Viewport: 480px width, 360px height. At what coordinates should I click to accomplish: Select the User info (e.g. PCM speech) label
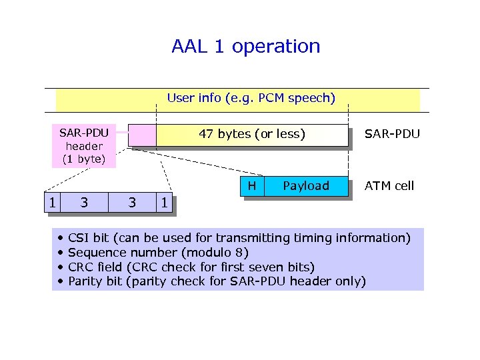[251, 99]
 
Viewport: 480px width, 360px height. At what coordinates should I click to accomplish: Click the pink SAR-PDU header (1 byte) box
[84, 145]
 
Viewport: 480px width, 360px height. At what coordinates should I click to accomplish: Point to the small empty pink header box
[142, 135]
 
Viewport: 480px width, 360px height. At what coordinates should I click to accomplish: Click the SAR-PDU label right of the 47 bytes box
[392, 134]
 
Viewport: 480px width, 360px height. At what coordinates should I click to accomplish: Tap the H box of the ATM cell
[252, 186]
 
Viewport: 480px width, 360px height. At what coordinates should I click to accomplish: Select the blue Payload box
[306, 186]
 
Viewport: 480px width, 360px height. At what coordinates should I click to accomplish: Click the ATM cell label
[389, 186]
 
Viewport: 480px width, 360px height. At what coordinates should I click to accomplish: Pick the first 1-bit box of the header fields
[51, 201]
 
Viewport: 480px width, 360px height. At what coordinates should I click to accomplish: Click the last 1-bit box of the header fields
[164, 201]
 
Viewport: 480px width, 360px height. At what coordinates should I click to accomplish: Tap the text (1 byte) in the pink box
[84, 159]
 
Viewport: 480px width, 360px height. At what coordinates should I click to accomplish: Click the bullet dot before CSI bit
[60, 238]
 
